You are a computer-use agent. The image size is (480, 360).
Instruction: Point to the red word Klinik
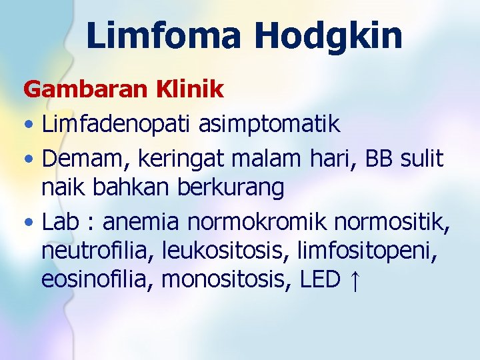click(x=193, y=89)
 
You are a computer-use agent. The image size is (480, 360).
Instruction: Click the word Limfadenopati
click(x=113, y=124)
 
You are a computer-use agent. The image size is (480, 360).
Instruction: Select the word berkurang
click(x=231, y=189)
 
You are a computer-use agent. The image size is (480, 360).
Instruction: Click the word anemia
click(x=142, y=221)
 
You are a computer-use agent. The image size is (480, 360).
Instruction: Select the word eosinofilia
click(x=97, y=281)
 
